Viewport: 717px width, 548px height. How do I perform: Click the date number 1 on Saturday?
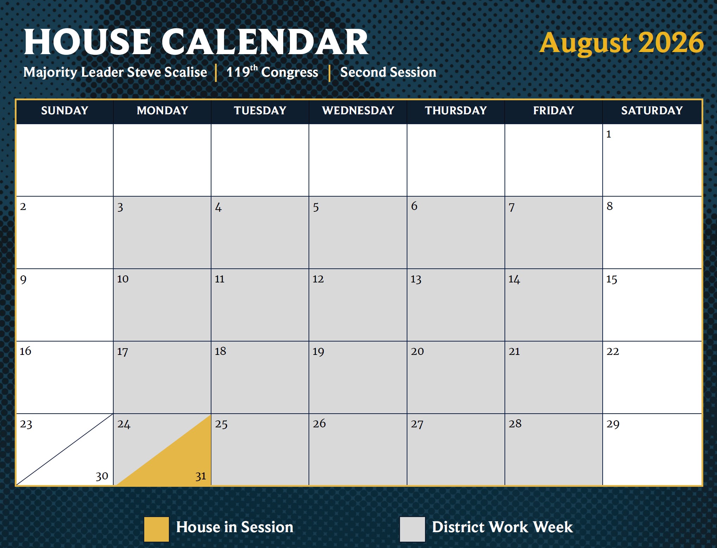609,134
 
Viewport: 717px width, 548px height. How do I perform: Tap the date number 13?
416,279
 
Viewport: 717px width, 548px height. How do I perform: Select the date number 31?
201,476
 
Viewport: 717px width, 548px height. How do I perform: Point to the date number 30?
102,476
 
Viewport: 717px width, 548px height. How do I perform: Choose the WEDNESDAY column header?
358,111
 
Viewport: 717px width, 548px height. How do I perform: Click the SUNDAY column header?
64,111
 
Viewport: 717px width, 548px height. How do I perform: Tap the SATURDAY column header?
652,111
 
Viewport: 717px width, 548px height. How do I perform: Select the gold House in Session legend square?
157,529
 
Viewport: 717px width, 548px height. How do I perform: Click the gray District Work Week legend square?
412,529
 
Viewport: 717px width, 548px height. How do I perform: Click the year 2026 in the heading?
671,43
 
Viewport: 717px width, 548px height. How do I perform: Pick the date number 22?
613,351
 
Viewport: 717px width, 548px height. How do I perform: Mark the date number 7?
512,207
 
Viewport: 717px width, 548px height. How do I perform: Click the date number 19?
318,351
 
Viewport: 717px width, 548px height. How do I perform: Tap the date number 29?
613,424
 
